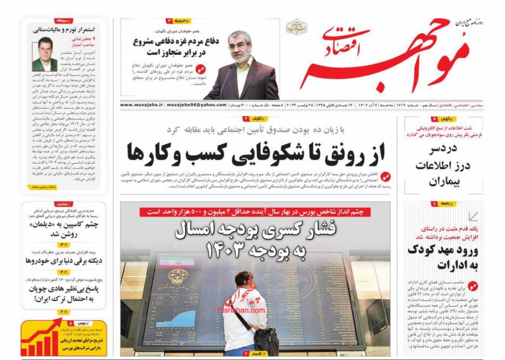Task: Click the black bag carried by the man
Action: click(264, 342)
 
